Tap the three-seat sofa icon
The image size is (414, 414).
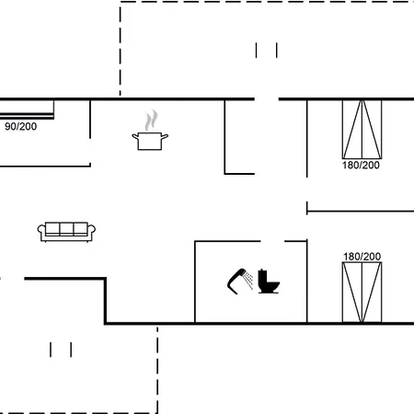tap(66, 232)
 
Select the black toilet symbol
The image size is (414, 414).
tap(269, 282)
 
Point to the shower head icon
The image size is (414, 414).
tap(236, 282)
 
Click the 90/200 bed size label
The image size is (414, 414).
tap(21, 126)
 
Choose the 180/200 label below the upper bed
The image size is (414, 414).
tap(361, 165)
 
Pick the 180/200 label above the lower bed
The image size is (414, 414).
tap(362, 257)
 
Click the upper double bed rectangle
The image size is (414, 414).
tap(362, 129)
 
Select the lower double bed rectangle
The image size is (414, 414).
tap(362, 293)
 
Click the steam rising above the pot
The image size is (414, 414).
tap(151, 120)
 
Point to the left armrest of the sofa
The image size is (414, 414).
tap(41, 232)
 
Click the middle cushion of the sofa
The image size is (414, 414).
tap(66, 229)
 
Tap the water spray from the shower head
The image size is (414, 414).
tap(248, 281)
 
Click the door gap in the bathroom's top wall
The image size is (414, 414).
tap(272, 241)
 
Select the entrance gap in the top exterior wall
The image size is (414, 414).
tap(267, 99)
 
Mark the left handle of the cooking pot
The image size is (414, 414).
tap(135, 137)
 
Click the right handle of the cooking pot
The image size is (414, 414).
tap(165, 136)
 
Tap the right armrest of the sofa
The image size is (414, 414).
tap(91, 232)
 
